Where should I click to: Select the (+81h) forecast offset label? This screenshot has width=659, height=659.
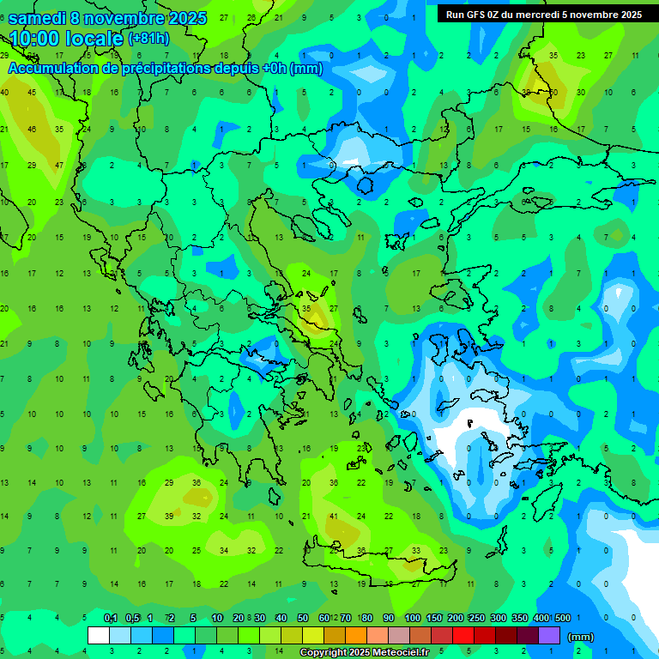148,39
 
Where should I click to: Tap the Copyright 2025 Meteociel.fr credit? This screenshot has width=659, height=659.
377,653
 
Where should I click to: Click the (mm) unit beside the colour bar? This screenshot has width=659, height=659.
581,637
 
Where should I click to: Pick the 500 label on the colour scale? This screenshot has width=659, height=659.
562,618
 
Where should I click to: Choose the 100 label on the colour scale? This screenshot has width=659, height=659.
412,618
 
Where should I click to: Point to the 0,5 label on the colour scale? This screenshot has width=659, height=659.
132,618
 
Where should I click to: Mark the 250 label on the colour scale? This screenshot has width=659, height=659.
476,618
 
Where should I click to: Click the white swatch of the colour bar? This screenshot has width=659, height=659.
99,636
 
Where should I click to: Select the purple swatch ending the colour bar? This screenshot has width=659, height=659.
549,636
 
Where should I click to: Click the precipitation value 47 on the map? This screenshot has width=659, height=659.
59,165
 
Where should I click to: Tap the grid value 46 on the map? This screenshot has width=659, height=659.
32,129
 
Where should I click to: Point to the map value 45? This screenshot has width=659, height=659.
32,92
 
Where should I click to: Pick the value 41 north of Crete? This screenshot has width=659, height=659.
335,517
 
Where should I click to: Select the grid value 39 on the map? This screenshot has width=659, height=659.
169,517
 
